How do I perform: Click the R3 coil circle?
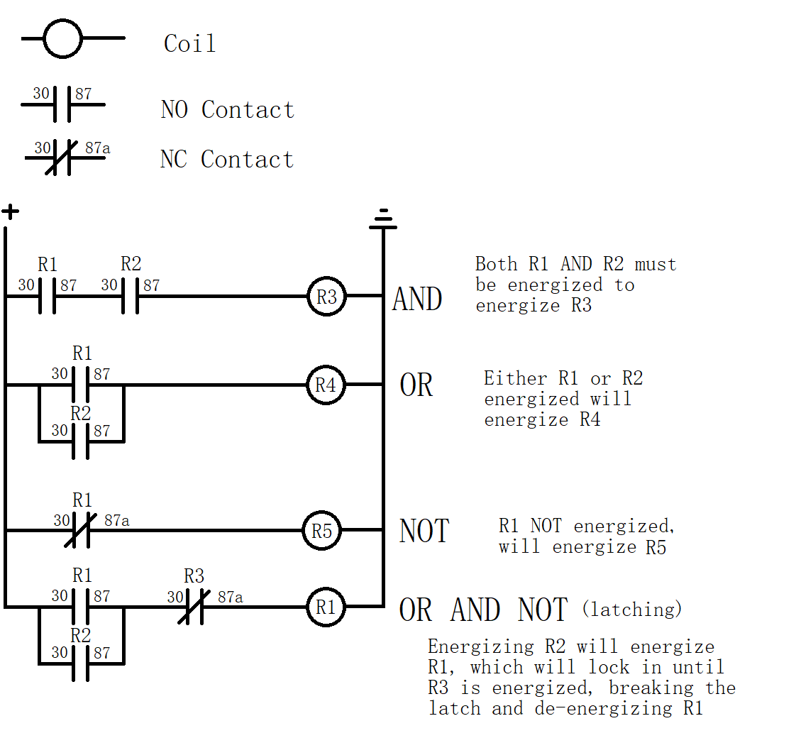[326, 297]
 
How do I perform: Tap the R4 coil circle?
[326, 385]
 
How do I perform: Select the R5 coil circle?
[322, 531]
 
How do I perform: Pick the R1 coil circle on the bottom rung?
[326, 607]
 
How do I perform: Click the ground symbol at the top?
[383, 219]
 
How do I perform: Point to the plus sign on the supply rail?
[10, 211]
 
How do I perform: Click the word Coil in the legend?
[189, 43]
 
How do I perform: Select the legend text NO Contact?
[227, 110]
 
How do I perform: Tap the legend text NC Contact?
[226, 160]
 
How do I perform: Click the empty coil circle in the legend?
[63, 38]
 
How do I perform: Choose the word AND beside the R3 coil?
[417, 299]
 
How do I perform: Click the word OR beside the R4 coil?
[416, 385]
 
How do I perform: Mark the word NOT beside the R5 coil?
[424, 532]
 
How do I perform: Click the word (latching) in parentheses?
[631, 609]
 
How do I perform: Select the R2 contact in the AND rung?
[130, 297]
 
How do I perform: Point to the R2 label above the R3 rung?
[131, 265]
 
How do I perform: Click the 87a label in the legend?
[97, 148]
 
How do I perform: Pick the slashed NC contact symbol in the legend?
[61, 158]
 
